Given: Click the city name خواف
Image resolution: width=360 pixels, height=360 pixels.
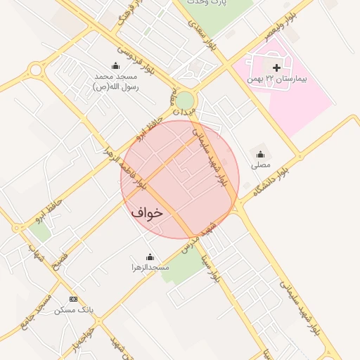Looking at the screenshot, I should click(x=147, y=211).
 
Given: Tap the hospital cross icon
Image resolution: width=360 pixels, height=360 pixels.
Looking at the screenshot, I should click(x=276, y=68).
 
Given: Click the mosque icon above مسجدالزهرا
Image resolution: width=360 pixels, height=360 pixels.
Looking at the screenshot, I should click(x=149, y=257).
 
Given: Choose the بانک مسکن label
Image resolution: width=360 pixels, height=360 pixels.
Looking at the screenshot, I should click(x=73, y=310).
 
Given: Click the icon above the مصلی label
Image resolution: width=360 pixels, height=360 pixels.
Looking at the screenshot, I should click(x=261, y=155).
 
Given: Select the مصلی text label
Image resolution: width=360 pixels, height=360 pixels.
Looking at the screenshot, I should click(x=261, y=165).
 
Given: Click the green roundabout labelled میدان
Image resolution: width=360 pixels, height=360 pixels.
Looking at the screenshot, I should click(x=184, y=101).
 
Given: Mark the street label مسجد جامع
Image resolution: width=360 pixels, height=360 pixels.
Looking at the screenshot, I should click(x=41, y=309).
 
